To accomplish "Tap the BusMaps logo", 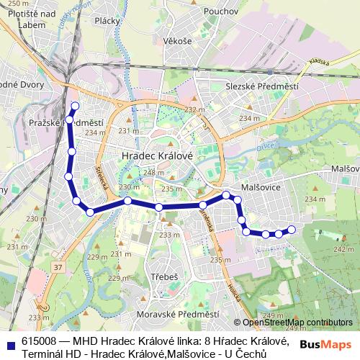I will coord(325,343).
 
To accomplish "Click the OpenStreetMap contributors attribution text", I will coord(297,323).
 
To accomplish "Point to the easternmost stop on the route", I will coord(292,230).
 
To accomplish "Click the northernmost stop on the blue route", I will coord(74,106).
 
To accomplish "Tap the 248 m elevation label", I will coord(154,173).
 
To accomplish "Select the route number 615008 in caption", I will coord(42,341).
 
